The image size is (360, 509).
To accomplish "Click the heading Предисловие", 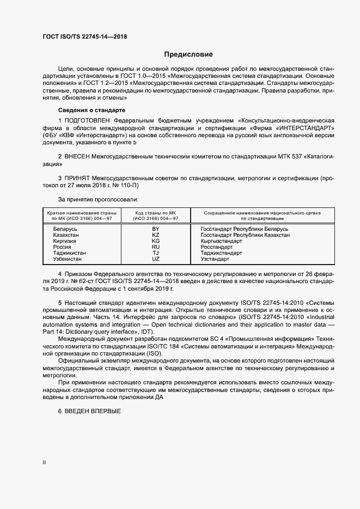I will click(188, 54).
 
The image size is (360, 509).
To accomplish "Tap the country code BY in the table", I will click(156, 229).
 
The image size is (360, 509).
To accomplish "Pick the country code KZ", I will click(156, 235).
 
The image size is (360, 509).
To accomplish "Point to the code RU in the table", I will click(156, 247).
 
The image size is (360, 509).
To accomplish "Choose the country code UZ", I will click(156, 259).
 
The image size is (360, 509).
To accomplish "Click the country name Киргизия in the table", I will click(64, 241).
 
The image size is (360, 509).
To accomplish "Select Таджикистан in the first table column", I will click(69, 253).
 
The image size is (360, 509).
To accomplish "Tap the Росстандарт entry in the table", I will click(217, 247).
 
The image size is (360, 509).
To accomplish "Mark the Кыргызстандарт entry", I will click(221, 241).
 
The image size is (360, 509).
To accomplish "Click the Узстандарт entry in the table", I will click(215, 259).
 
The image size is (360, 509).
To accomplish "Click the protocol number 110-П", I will click(121, 185).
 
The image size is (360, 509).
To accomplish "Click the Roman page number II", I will click(44, 463).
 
